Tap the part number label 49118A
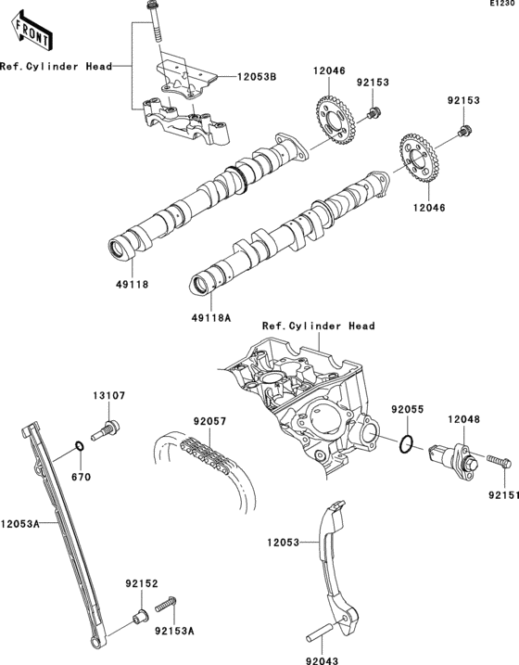tap(210, 317)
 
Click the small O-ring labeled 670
tap(80, 452)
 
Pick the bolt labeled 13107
tap(108, 429)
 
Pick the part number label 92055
tap(406, 408)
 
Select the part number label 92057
tap(209, 420)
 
